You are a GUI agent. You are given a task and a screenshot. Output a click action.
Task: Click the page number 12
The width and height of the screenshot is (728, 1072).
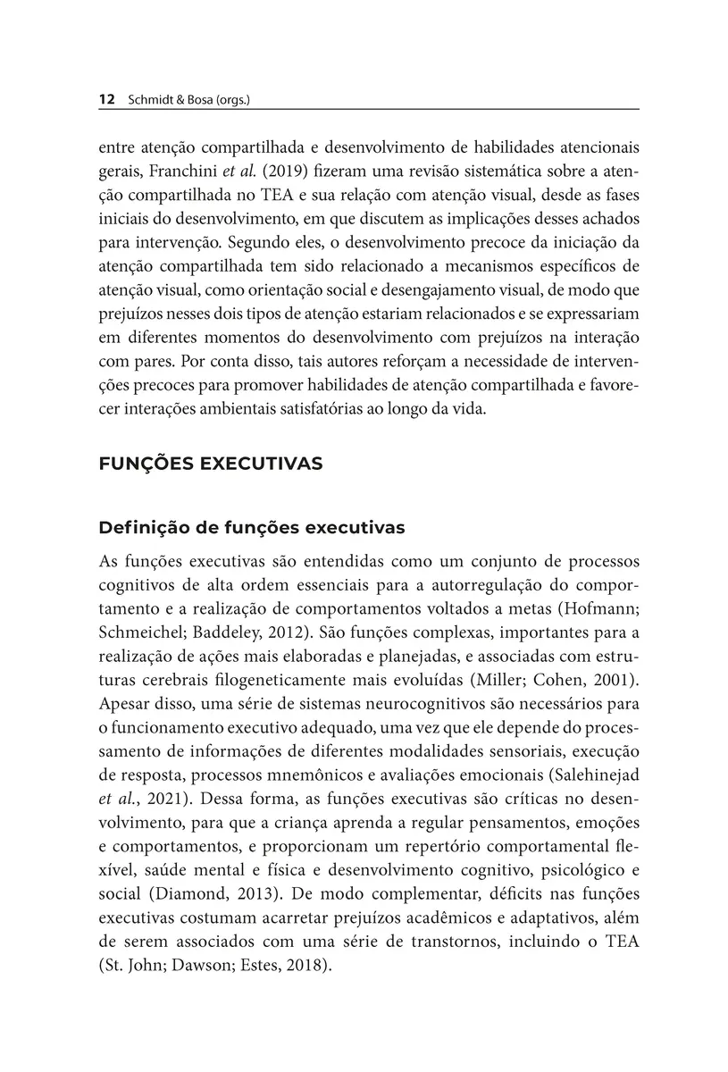click(106, 100)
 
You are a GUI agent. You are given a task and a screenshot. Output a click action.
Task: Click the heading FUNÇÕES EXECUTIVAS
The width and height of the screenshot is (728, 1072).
click(211, 465)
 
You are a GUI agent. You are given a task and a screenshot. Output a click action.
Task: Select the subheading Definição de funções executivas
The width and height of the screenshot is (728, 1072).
click(252, 528)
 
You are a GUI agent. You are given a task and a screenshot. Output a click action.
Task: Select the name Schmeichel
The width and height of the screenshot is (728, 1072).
click(142, 634)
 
